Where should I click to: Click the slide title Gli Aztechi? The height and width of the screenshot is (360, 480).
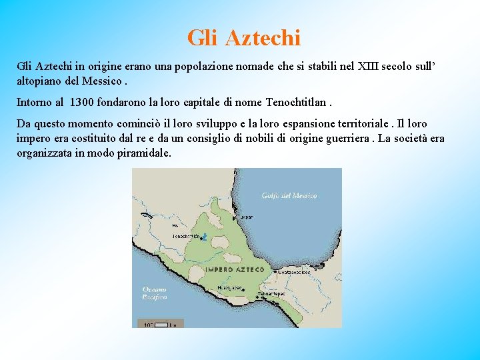(243, 37)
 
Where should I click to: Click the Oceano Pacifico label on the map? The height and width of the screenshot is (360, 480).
(154, 293)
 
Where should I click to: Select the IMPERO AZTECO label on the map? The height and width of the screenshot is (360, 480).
(235, 270)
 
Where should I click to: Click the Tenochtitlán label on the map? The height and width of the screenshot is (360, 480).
(186, 237)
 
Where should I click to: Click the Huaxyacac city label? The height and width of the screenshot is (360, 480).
(228, 287)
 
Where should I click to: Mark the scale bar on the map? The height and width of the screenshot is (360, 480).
(159, 324)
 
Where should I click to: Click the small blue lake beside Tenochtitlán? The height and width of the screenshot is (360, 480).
(205, 237)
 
